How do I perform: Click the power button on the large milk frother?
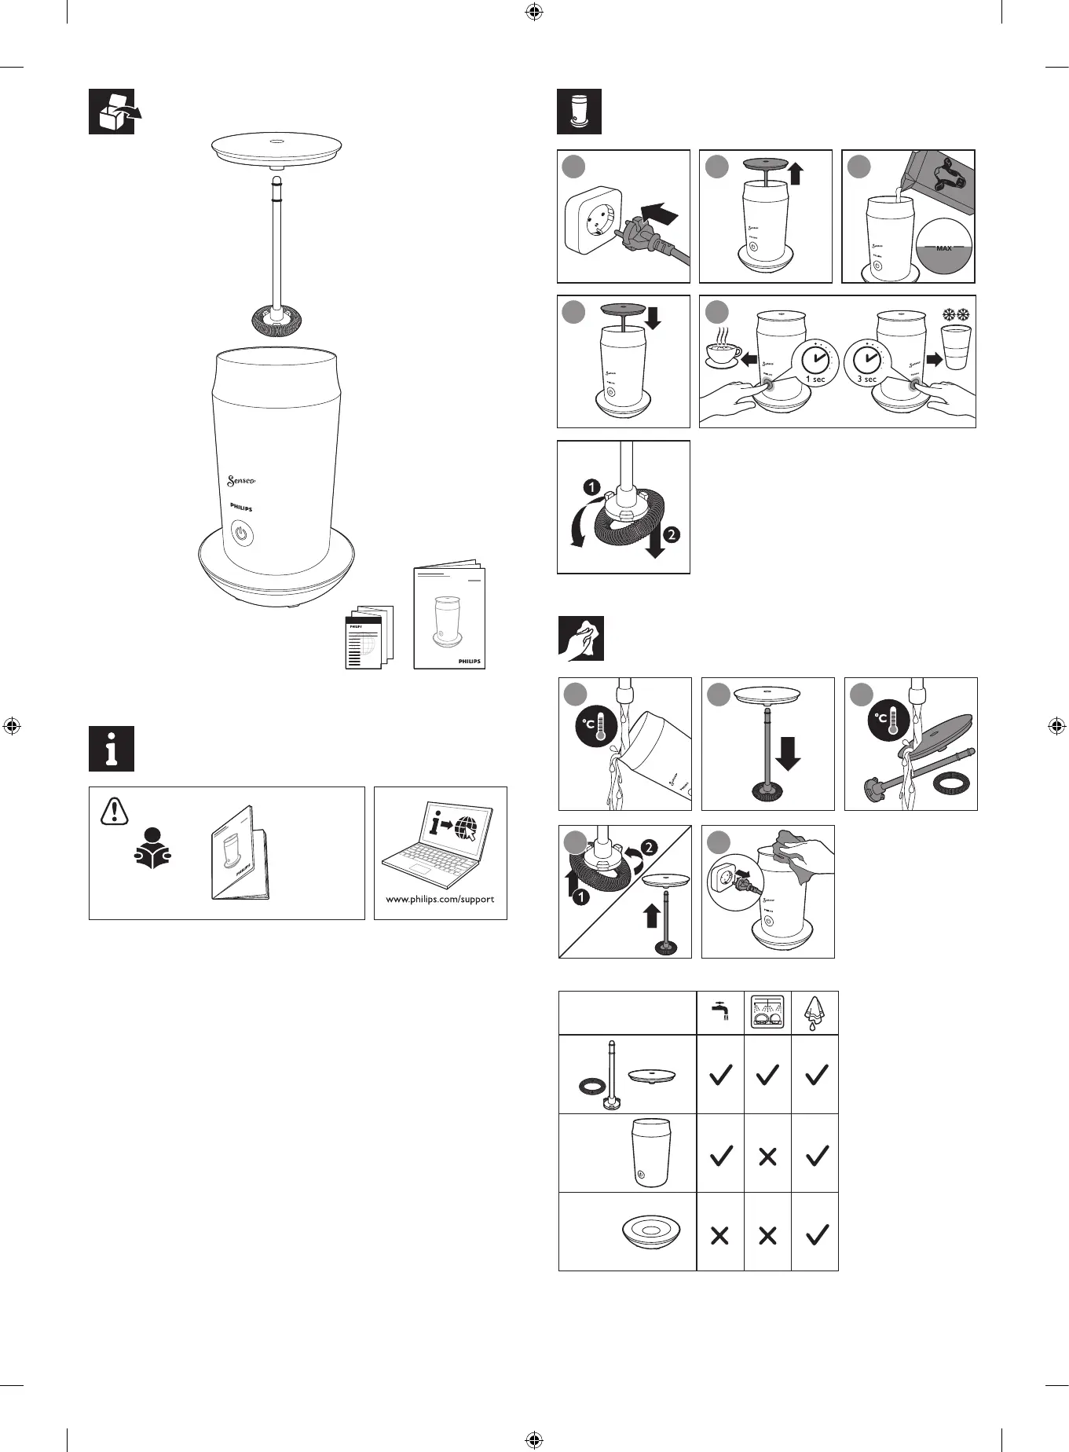coord(243,537)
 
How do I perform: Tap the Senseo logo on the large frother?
coord(241,480)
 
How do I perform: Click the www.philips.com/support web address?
coord(440,899)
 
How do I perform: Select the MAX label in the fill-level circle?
coord(944,248)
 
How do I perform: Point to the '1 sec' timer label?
coord(815,379)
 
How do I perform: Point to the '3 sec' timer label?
coord(867,379)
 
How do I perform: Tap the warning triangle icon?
coord(115,811)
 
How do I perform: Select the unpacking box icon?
coord(112,112)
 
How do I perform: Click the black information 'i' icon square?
coord(112,749)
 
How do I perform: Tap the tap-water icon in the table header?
coord(720,1011)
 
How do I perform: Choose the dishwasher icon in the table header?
coord(767,1012)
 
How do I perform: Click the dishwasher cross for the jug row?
coord(767,1156)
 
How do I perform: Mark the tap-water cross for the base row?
coord(719,1235)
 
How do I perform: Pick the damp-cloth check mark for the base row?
coord(817,1234)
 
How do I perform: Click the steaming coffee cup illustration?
coord(723,353)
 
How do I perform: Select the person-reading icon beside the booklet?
coord(152,849)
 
